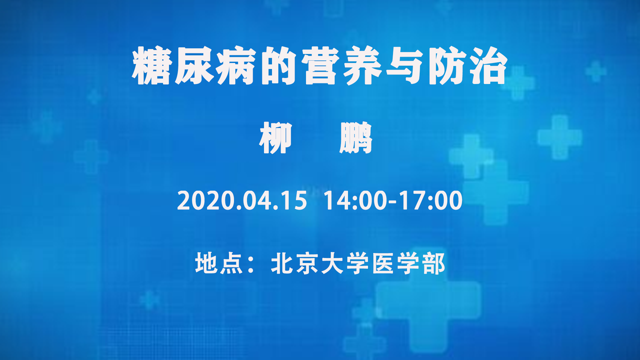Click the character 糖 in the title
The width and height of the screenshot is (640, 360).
pos(152,66)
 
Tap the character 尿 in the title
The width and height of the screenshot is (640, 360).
pos(194,66)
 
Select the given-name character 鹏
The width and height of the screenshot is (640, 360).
pos(356,138)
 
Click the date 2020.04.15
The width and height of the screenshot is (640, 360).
pos(242,201)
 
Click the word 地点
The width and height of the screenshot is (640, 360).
pos(219,263)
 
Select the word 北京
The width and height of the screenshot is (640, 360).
pos(294,263)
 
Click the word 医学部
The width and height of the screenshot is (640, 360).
pos(408,263)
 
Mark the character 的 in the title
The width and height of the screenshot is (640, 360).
pos(279,66)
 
